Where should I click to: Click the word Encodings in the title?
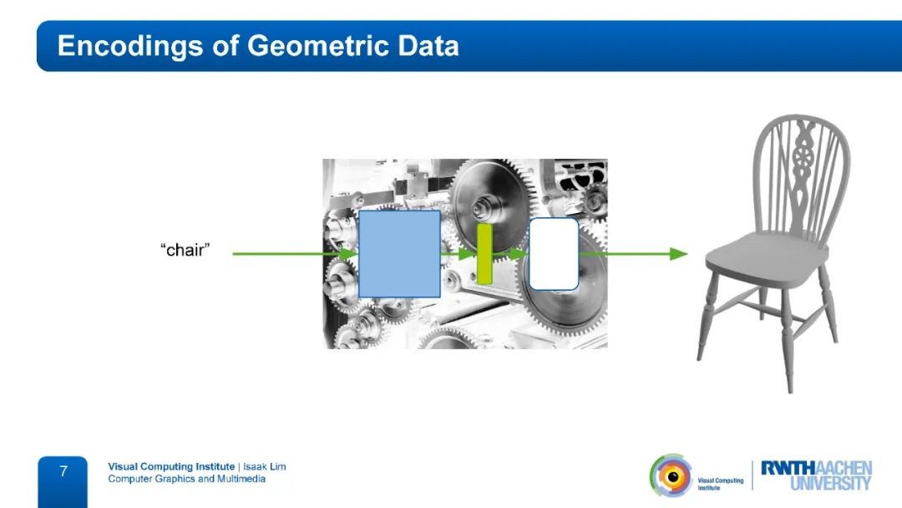[x=130, y=47]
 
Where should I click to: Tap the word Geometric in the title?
[x=318, y=46]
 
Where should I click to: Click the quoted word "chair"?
[x=185, y=250]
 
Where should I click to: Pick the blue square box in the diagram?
[x=399, y=254]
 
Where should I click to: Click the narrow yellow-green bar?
[x=484, y=254]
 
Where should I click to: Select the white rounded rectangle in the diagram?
[x=554, y=254]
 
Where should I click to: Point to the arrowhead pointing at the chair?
[x=679, y=254]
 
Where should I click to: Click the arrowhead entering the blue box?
[x=348, y=254]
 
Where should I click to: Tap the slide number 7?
[x=63, y=472]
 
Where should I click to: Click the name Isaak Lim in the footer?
[x=265, y=466]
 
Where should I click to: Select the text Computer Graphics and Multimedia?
[x=187, y=479]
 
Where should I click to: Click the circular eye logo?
[x=671, y=475]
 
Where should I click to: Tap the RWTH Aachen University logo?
[x=816, y=475]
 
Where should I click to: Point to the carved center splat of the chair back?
[x=801, y=173]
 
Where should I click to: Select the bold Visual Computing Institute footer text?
[x=171, y=466]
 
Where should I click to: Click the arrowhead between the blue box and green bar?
[x=467, y=254]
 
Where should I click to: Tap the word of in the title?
[x=225, y=46]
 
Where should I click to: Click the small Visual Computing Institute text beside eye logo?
[x=720, y=484]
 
